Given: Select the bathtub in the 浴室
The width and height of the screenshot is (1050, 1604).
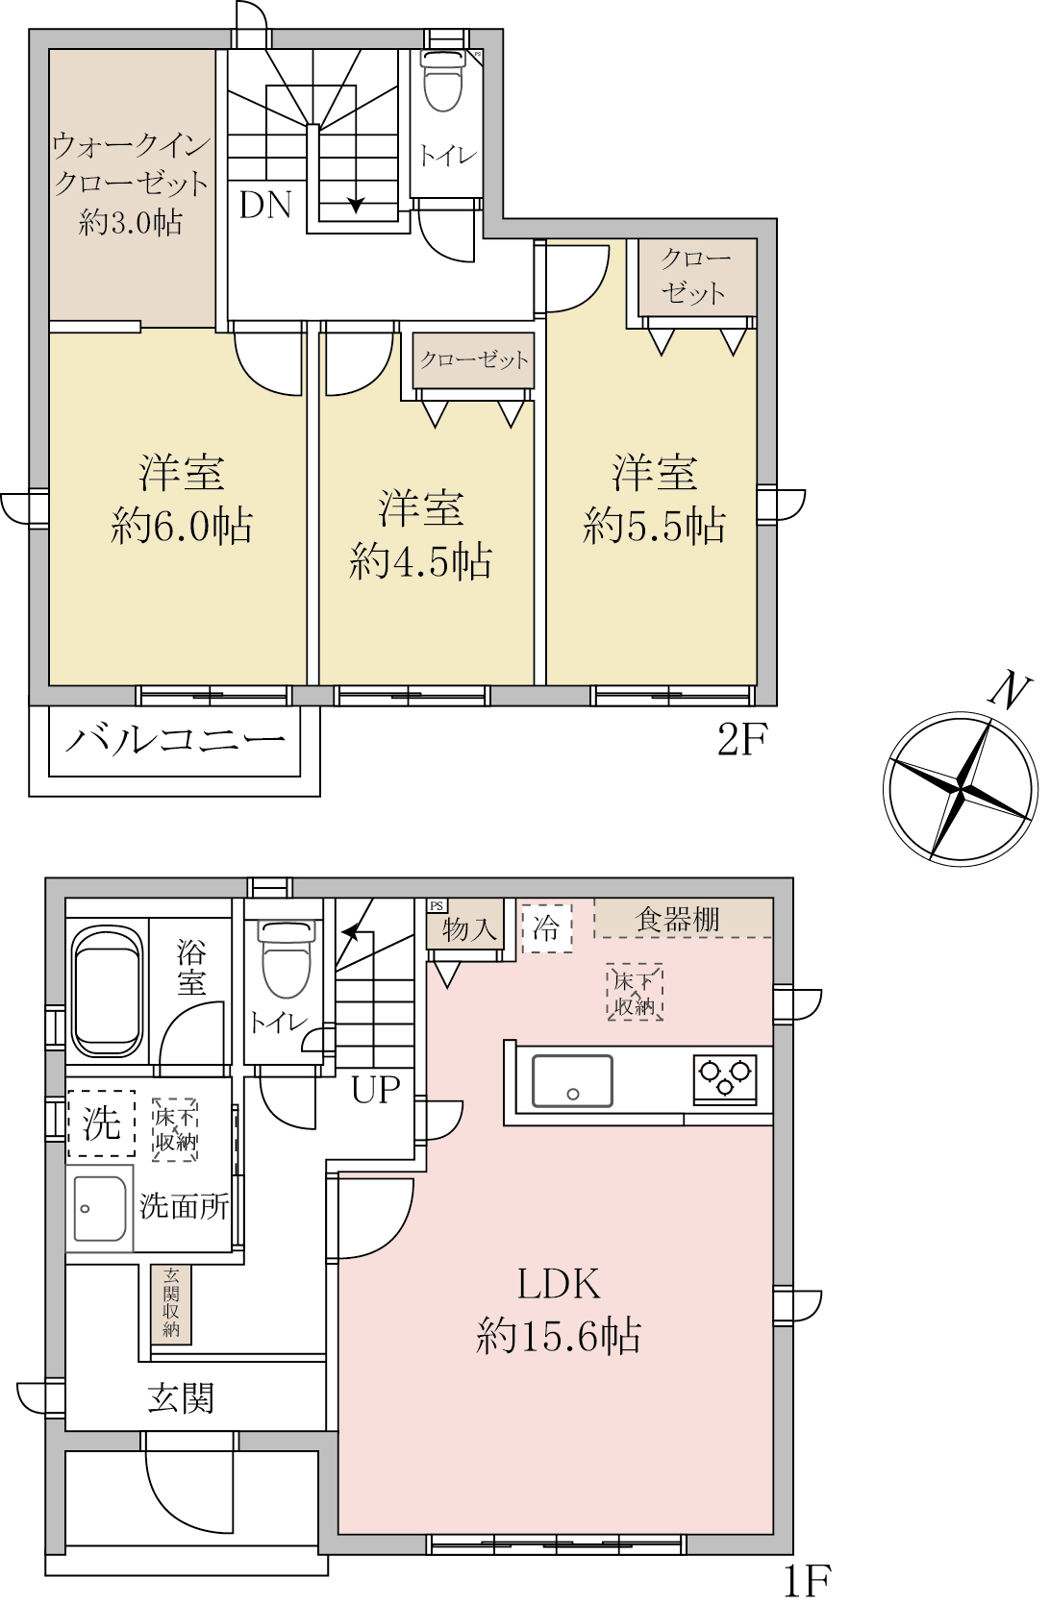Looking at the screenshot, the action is tap(107, 993).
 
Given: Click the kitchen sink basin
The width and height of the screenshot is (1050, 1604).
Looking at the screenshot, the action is tap(571, 1080).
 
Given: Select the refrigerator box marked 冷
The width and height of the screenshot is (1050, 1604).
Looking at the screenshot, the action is tap(546, 928).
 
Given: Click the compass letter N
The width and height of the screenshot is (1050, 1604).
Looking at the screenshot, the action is tap(1010, 691).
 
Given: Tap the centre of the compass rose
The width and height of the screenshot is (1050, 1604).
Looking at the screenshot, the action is tap(960, 788).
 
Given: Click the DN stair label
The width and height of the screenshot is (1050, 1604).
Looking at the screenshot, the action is tap(265, 206).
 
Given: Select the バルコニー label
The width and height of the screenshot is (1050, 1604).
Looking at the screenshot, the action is tap(175, 740).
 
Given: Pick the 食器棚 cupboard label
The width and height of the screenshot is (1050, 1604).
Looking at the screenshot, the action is tap(677, 920).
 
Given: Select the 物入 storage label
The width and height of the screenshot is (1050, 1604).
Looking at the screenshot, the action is tap(469, 929).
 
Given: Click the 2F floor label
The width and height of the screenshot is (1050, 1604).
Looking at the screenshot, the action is tap(742, 739).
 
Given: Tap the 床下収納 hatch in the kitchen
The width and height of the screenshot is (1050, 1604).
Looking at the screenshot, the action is tap(635, 993).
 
